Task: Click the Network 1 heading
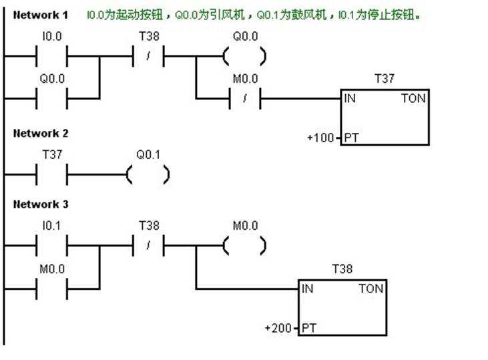pos(41,15)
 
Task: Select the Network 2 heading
pos(41,133)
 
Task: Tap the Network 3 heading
pos(41,204)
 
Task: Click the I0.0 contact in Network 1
pos(51,57)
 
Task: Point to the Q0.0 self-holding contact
pos(51,98)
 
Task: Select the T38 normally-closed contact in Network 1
pos(148,57)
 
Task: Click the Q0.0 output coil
pos(244,57)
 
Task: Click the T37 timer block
pos(385,117)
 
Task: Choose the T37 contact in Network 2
pos(51,175)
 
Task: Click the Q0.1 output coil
pos(148,175)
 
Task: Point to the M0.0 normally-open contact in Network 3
pos(51,289)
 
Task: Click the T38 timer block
pos(342,307)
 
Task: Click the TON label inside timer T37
pos(413,99)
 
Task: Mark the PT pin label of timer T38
pos(309,329)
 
